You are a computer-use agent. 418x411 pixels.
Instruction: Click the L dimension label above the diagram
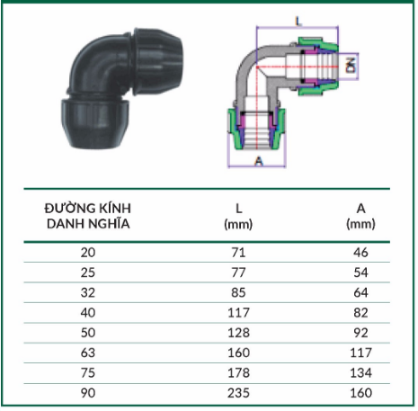[298, 22]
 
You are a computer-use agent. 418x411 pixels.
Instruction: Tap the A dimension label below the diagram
[259, 161]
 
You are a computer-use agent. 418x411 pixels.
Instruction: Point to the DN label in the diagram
[351, 66]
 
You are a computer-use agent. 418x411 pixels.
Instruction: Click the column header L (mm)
[238, 216]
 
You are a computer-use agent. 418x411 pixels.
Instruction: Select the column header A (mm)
[360, 216]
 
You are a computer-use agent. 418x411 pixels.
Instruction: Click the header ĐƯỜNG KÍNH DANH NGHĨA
[88, 216]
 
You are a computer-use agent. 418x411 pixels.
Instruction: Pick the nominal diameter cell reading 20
[88, 253]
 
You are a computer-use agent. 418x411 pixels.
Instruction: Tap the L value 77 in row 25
[238, 273]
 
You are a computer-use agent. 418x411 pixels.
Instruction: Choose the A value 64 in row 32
[360, 292]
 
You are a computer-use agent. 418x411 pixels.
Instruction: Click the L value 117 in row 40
[238, 313]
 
